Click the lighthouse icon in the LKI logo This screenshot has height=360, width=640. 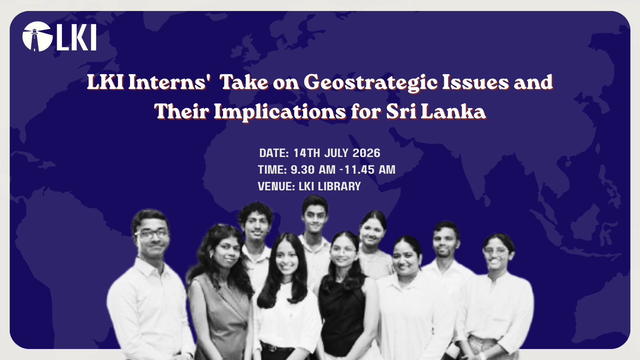(37, 37)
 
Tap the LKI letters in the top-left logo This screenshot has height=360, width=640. (77, 37)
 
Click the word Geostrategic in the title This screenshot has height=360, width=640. (370, 83)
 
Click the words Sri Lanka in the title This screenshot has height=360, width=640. (436, 111)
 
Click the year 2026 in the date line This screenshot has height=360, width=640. (366, 153)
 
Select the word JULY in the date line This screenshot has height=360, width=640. (337, 153)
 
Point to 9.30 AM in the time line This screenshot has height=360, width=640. (313, 170)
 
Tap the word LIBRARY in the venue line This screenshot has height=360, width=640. (339, 186)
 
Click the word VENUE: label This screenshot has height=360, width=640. (276, 186)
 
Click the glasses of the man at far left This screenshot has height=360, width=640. (152, 233)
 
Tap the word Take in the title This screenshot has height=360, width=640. (244, 82)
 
